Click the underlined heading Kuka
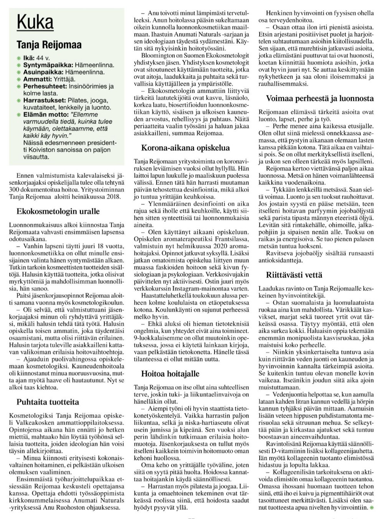[35, 22]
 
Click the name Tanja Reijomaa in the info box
[49, 45]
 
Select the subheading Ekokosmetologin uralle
[58, 211]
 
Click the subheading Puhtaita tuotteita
[48, 402]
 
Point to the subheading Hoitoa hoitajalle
[170, 373]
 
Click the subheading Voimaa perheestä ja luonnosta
[320, 98]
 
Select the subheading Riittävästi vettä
[294, 275]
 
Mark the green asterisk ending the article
[371, 507]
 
